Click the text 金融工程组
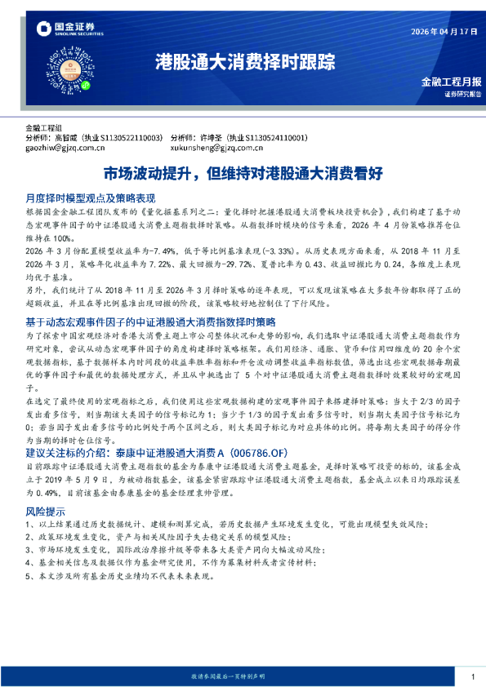(x=43, y=128)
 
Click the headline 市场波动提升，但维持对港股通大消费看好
(x=243, y=173)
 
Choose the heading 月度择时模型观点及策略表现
(x=90, y=198)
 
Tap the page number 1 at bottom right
(x=473, y=676)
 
